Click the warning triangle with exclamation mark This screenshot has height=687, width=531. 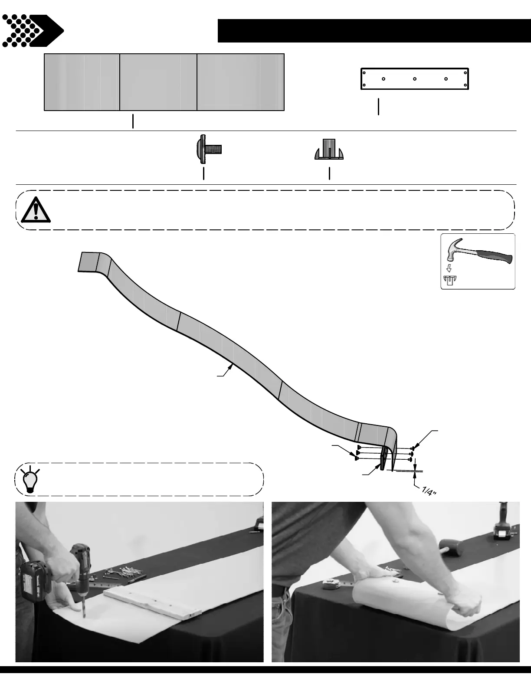pyautogui.click(x=36, y=210)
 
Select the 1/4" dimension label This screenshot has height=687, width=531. pyautogui.click(x=428, y=491)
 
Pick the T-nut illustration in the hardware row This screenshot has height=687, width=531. pyautogui.click(x=329, y=150)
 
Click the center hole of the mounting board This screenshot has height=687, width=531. pyautogui.click(x=415, y=79)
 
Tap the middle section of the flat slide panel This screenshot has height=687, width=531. pyautogui.click(x=158, y=82)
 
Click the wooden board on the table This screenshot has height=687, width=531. pyautogui.click(x=154, y=601)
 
